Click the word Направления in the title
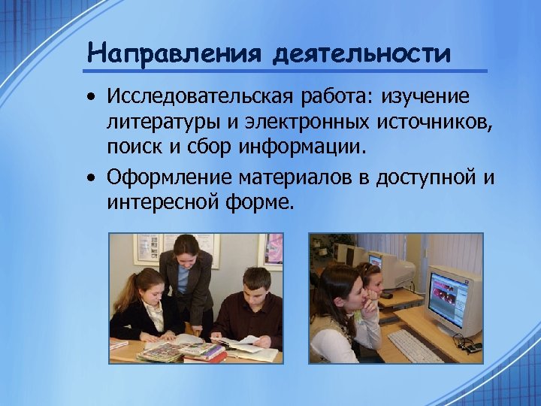174,53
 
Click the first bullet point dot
91,98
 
